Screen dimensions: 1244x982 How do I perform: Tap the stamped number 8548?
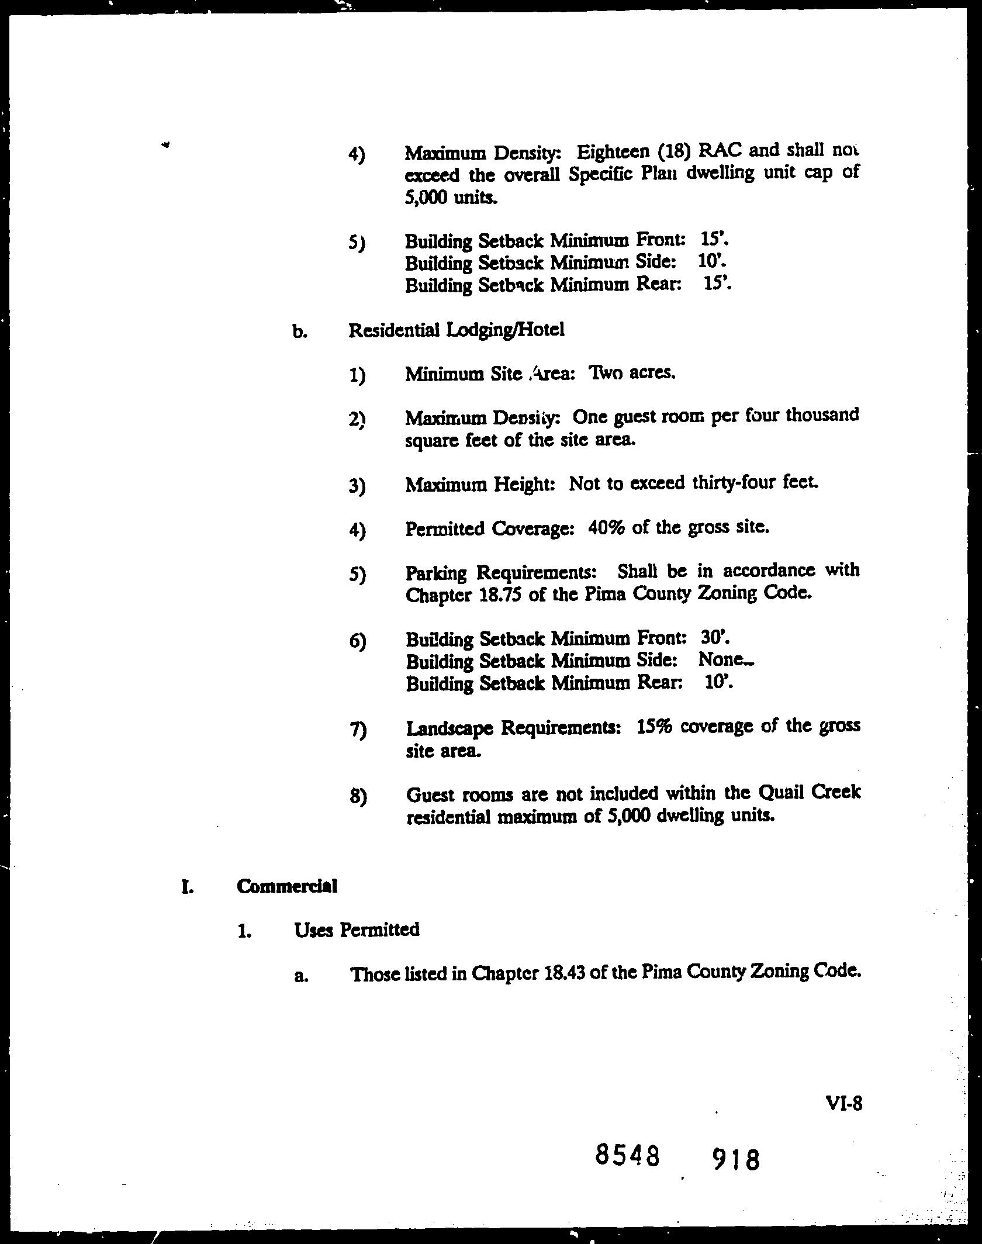(x=627, y=1156)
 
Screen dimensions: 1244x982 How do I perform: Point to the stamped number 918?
(x=736, y=1159)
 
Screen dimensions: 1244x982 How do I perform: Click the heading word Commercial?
(x=287, y=886)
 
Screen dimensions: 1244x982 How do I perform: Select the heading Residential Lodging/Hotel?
(x=456, y=330)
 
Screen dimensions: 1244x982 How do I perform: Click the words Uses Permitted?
(x=357, y=929)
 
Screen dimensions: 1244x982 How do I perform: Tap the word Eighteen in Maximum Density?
(x=613, y=152)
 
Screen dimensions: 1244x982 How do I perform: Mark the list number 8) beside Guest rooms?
(x=357, y=796)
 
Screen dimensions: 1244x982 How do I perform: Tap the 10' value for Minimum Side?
(x=711, y=261)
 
